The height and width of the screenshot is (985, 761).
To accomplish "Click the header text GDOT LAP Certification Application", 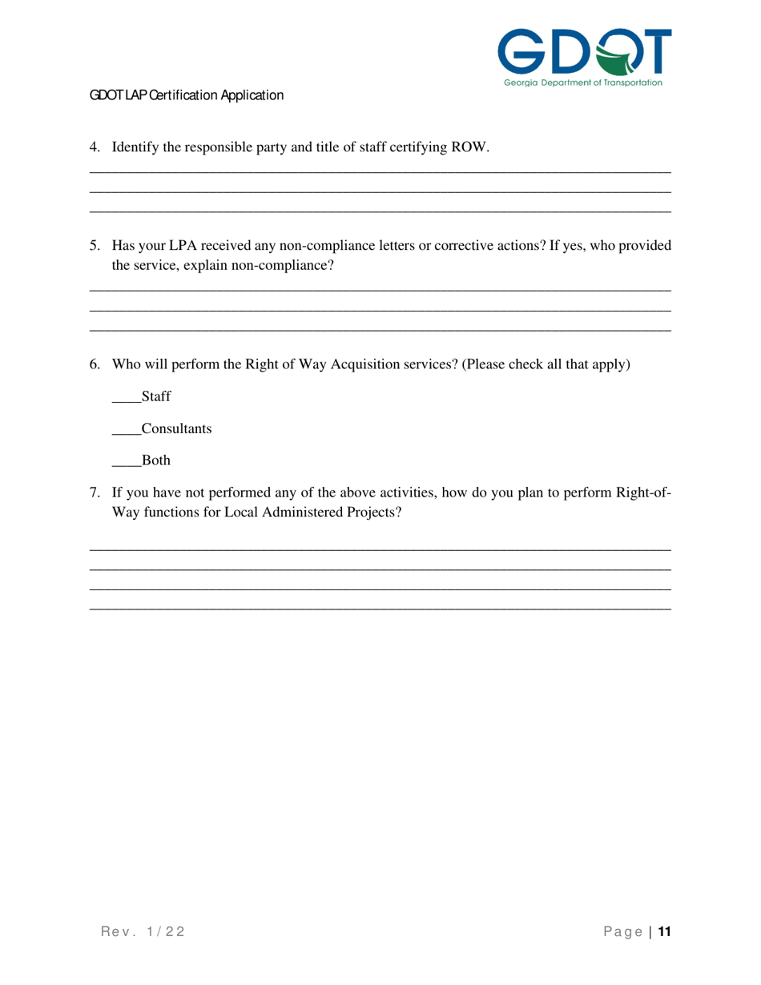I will point(187,95).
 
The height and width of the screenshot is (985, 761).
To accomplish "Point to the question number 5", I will point(95,246).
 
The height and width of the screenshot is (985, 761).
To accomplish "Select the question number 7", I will point(95,492).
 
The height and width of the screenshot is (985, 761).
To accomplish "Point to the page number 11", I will point(664,931).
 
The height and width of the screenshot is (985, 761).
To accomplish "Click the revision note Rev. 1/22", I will point(143,931).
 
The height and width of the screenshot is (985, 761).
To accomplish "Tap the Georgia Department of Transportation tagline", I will point(583,82).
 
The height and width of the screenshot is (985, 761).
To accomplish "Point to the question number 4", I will point(95,147).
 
